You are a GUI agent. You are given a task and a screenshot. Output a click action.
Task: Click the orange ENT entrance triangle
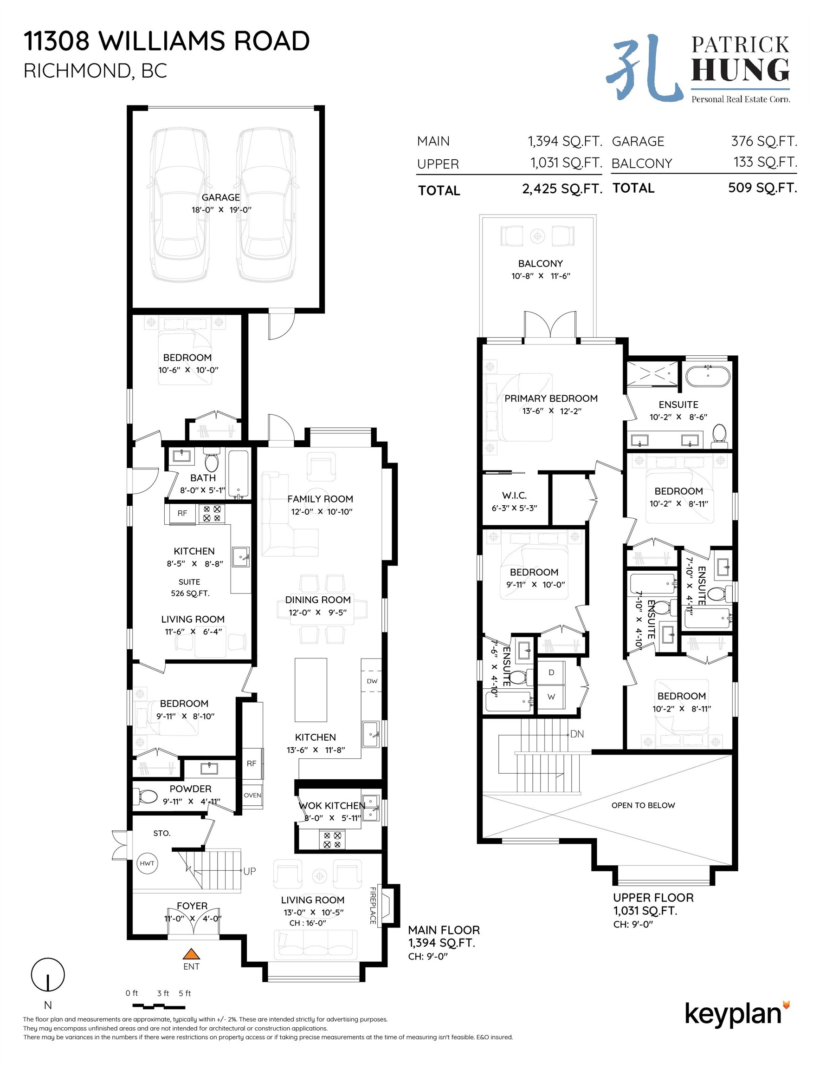[x=192, y=953]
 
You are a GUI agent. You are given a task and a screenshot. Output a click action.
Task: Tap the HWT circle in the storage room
[x=147, y=863]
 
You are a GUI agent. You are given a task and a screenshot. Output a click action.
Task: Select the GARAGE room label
[x=220, y=197]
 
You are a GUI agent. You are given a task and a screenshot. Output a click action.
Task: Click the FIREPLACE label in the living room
[x=373, y=906]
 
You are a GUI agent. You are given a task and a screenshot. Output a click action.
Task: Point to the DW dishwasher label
[x=372, y=681]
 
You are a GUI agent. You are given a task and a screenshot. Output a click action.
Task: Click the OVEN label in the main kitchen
[x=252, y=795]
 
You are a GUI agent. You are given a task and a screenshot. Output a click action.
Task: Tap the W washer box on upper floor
[x=551, y=697]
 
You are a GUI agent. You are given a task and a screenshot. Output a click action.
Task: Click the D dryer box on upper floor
[x=551, y=672]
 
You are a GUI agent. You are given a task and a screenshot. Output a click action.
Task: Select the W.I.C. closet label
[x=514, y=496]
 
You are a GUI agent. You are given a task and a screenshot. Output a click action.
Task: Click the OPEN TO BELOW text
[x=643, y=805]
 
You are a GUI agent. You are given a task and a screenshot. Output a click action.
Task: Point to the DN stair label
[x=577, y=734]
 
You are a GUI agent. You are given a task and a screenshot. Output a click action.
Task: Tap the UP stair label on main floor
[x=249, y=871]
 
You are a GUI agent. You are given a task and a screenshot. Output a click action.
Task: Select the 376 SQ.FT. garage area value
[x=764, y=141]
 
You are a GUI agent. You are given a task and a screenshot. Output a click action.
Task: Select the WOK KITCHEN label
[x=331, y=806]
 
